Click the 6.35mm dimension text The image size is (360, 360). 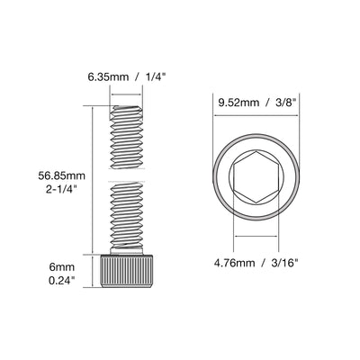[108, 77]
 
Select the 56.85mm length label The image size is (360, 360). [61, 175]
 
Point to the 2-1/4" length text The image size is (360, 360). [61, 190]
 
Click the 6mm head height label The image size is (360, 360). [62, 266]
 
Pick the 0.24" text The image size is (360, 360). [62, 281]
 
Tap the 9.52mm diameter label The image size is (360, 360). [238, 103]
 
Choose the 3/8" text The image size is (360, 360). [286, 103]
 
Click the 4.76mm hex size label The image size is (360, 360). [234, 263]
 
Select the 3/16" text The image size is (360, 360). [284, 263]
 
